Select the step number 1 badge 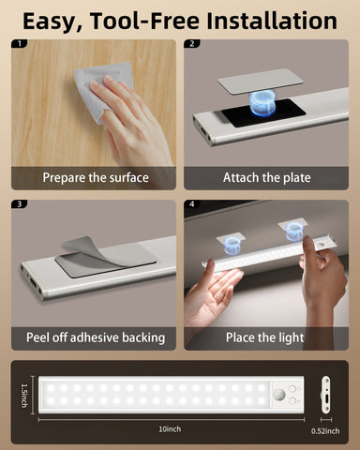(22, 44)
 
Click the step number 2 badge (192, 44)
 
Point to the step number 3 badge (22, 204)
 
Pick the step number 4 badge (192, 204)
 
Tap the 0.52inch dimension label (327, 431)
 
